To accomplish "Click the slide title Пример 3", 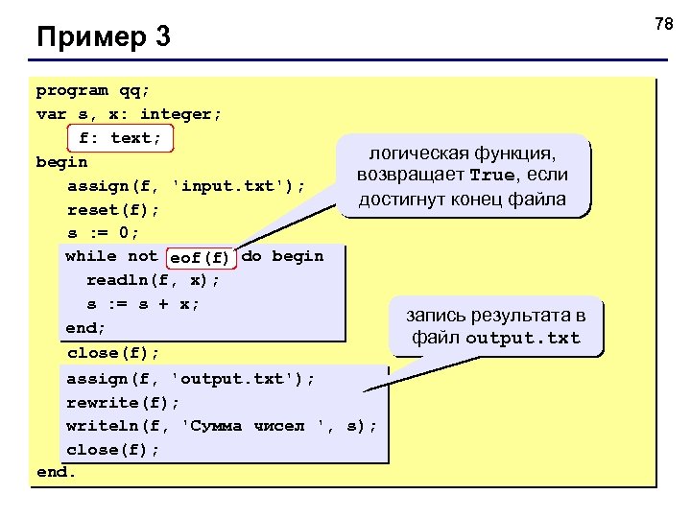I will pyautogui.click(x=103, y=38).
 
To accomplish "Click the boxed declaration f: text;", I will pyautogui.click(x=121, y=138).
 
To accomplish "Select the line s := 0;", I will pyautogui.click(x=103, y=233).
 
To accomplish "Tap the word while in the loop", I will pyautogui.click(x=91, y=256).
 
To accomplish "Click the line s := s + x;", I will pyautogui.click(x=144, y=304).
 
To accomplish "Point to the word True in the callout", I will pyautogui.click(x=491, y=177).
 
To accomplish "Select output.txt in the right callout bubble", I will pyautogui.click(x=523, y=338).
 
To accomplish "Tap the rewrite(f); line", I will pyautogui.click(x=123, y=402).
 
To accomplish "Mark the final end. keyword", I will pyautogui.click(x=56, y=472).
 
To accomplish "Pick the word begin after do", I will pyautogui.click(x=298, y=256).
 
